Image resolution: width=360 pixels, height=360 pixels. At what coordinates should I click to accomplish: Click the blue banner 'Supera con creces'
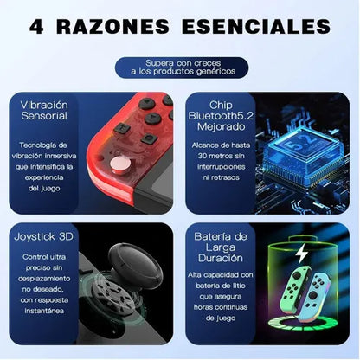[179, 67]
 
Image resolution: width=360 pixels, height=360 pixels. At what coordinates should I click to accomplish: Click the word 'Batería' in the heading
[215, 235]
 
